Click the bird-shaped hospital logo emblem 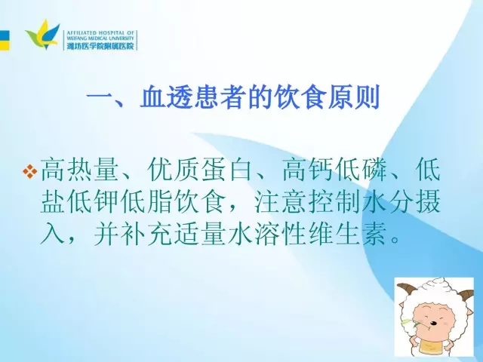click(x=43, y=35)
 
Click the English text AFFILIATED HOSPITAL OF click(x=100, y=32)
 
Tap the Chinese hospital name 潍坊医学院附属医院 click(x=100, y=46)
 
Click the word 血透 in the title click(x=166, y=97)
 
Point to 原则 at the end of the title click(x=353, y=97)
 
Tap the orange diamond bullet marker click(x=30, y=171)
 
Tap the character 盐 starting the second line click(x=53, y=202)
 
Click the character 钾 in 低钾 click(x=106, y=202)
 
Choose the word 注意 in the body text click(x=281, y=202)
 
